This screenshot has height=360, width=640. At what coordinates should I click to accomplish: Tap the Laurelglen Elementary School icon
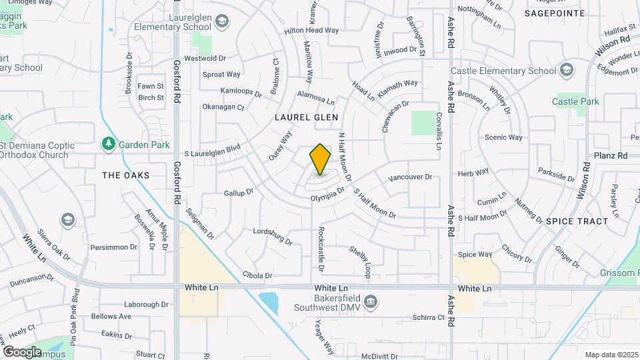click(220, 23)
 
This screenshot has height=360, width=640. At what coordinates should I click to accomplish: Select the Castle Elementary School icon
click(566, 71)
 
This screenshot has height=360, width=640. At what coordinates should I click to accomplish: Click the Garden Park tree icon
click(107, 144)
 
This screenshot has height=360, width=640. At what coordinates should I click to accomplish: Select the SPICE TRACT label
click(577, 221)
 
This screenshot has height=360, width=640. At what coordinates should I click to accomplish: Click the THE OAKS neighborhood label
click(126, 175)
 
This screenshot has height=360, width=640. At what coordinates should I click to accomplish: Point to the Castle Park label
click(575, 101)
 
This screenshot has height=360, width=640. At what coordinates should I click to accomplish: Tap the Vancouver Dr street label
click(410, 178)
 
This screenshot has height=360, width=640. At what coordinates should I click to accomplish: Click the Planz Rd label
click(613, 155)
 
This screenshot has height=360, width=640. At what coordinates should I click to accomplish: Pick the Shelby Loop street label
click(359, 262)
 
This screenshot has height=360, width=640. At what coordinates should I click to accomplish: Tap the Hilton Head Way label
click(311, 31)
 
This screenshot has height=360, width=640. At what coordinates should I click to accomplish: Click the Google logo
click(22, 351)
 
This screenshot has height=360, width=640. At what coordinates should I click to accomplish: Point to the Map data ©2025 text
click(611, 355)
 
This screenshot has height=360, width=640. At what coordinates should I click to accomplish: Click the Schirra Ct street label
click(427, 317)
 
